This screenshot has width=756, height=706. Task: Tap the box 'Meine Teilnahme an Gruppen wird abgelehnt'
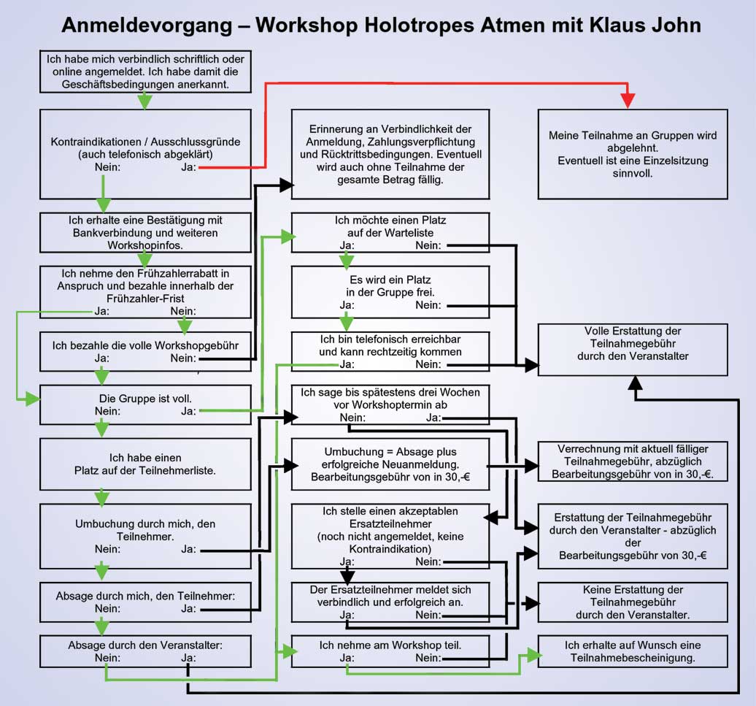[x=633, y=154]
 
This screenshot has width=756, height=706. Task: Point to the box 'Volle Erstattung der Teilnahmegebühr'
[x=633, y=350]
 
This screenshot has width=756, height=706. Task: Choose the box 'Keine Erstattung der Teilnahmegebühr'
[x=633, y=602]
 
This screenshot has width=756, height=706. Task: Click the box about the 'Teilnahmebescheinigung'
[x=633, y=651]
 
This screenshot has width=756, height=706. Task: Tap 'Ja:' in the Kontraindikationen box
[x=188, y=167]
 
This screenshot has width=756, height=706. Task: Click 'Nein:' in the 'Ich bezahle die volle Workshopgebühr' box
[x=183, y=358]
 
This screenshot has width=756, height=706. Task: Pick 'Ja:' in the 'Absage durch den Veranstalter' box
[x=188, y=657]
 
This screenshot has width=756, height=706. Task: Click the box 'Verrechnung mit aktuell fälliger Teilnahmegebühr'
[x=633, y=461]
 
